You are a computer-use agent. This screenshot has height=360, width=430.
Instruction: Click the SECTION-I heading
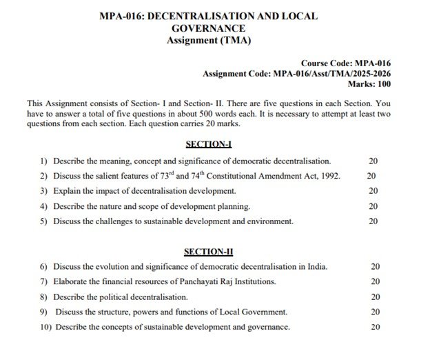point(209,145)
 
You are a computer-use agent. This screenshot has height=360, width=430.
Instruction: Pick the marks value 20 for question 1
point(373,161)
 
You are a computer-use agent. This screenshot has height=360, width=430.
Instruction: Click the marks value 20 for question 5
point(373,221)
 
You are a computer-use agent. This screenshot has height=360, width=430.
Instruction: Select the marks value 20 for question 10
point(376,327)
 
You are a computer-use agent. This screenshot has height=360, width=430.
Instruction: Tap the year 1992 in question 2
point(326,176)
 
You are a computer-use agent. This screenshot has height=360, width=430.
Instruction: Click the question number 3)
point(44,191)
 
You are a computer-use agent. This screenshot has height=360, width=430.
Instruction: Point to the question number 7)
point(44,281)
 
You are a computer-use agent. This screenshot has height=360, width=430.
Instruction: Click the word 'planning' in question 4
point(232,206)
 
